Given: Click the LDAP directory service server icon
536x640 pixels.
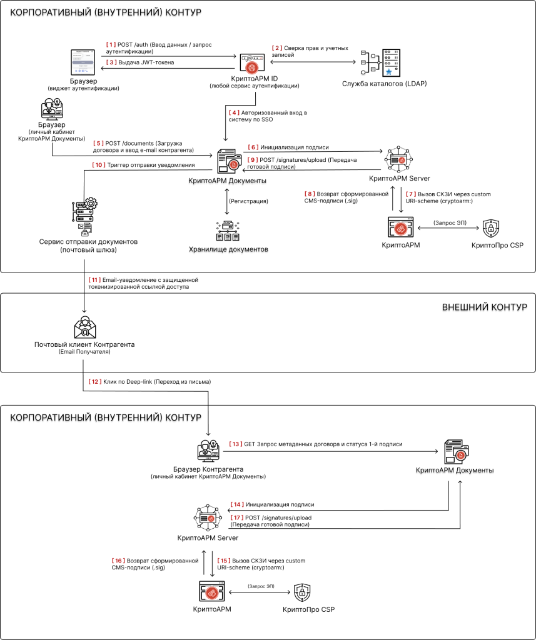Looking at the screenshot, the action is pyautogui.click(x=380, y=63).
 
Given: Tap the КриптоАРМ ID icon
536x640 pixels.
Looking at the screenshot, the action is pyautogui.click(x=252, y=63).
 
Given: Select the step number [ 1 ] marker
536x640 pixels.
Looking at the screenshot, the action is pyautogui.click(x=111, y=45).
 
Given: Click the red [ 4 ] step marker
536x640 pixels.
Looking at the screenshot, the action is pyautogui.click(x=234, y=112).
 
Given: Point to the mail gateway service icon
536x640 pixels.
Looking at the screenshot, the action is pyautogui.click(x=84, y=217).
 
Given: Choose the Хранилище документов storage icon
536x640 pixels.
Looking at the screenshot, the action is pyautogui.click(x=228, y=231).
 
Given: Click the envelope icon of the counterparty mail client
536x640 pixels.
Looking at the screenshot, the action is pyautogui.click(x=84, y=327).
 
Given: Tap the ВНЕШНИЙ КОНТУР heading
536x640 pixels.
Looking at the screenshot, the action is pyautogui.click(x=485, y=307).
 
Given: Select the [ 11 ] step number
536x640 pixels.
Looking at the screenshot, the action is pyautogui.click(x=94, y=280).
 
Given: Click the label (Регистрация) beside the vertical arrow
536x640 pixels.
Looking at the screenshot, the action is pyautogui.click(x=248, y=201).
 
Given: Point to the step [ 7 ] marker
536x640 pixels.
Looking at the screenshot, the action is pyautogui.click(x=410, y=194).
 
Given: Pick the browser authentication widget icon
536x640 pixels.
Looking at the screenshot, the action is pyautogui.click(x=83, y=62).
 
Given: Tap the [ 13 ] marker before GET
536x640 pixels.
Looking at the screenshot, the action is pyautogui.click(x=235, y=444).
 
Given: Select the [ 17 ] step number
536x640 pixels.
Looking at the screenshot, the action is pyautogui.click(x=237, y=518).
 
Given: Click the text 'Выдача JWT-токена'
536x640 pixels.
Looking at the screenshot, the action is pyautogui.click(x=146, y=62).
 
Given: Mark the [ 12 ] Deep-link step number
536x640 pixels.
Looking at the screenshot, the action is pyautogui.click(x=95, y=382).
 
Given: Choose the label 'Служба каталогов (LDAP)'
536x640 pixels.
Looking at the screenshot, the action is pyautogui.click(x=385, y=84).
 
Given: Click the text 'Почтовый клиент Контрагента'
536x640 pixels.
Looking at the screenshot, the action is pyautogui.click(x=84, y=344).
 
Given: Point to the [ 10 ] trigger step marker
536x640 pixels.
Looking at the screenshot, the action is pyautogui.click(x=99, y=165).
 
